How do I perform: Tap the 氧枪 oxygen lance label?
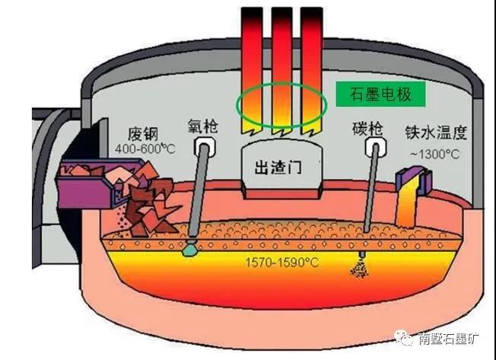click(x=202, y=124)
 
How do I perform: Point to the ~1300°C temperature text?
click(x=434, y=154)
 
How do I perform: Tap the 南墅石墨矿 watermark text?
click(x=449, y=339)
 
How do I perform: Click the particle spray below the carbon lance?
click(x=358, y=266)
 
